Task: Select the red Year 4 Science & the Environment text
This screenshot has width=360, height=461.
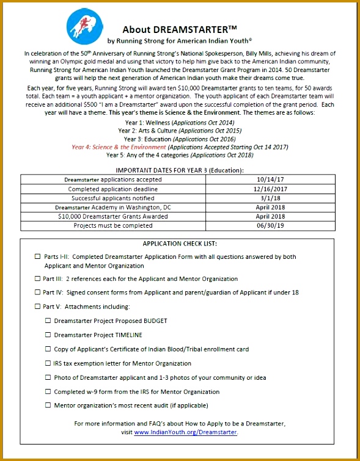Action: tap(119, 147)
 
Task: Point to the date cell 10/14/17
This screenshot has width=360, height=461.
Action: tap(271, 180)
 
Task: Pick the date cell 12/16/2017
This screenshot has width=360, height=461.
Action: tap(271, 189)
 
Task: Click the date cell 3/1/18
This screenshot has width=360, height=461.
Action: tap(271, 198)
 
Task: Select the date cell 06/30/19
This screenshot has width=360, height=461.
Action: tap(271, 225)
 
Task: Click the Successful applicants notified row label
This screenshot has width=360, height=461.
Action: tap(113, 198)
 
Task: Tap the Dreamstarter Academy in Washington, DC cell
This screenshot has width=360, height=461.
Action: tap(113, 207)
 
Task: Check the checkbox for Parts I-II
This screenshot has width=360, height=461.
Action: tap(37, 257)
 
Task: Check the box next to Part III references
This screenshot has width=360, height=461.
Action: tap(37, 278)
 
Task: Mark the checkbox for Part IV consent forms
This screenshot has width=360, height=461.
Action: tap(37, 292)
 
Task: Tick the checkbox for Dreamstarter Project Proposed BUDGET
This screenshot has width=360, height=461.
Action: tap(48, 321)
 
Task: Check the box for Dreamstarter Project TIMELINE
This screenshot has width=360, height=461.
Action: tap(48, 335)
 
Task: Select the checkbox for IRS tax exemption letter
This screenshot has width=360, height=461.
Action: tap(48, 363)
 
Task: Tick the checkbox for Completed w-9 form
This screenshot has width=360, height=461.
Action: tap(48, 391)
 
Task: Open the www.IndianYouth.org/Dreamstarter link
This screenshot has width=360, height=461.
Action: tap(185, 432)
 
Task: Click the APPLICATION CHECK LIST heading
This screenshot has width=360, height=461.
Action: tap(180, 243)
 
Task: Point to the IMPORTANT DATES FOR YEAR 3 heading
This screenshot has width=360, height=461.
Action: tap(180, 170)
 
